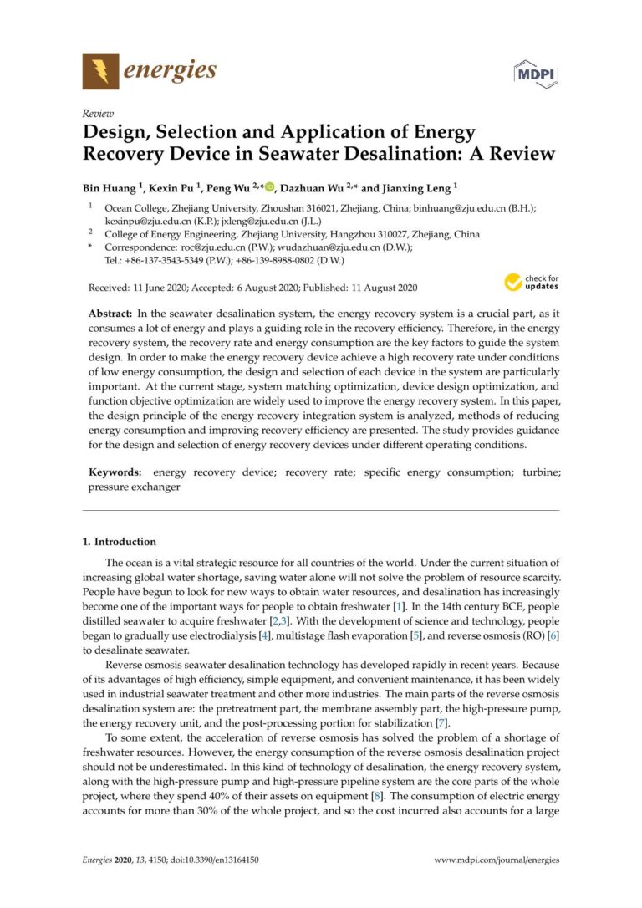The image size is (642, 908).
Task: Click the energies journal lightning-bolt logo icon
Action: [x=100, y=70]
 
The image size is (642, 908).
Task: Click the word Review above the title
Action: [x=99, y=114]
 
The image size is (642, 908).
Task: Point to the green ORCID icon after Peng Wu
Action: [x=269, y=188]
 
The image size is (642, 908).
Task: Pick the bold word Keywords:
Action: [x=117, y=472]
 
